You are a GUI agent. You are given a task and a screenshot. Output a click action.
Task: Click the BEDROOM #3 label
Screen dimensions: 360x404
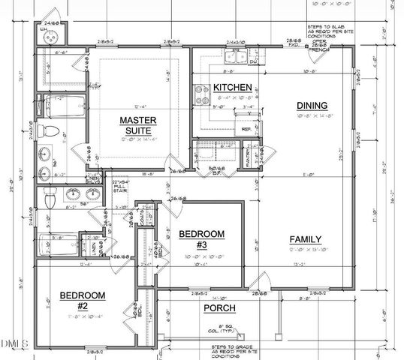coord(201,239)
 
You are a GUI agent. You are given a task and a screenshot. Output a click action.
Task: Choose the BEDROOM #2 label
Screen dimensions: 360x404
coord(82,299)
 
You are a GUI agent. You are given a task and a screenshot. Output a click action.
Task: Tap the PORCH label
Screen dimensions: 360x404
coord(219,308)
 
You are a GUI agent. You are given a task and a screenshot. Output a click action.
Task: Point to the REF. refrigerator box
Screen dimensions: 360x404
coord(246,128)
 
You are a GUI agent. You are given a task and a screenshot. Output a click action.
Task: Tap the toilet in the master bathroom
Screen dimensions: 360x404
coord(50,130)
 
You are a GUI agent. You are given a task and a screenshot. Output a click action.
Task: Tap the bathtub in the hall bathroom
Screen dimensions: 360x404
coord(62,244)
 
